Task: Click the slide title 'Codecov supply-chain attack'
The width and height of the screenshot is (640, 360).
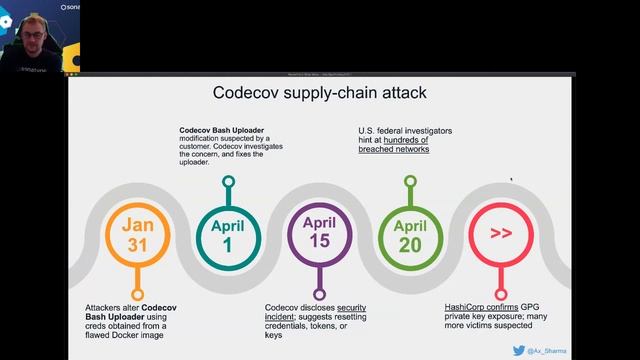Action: (x=320, y=93)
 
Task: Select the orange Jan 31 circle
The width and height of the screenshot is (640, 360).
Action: (x=138, y=232)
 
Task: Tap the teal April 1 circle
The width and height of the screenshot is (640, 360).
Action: (x=228, y=232)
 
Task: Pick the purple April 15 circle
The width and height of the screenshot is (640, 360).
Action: (x=318, y=232)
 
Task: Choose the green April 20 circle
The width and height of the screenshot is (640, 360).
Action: (x=408, y=232)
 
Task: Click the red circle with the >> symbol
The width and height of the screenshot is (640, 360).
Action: (x=500, y=232)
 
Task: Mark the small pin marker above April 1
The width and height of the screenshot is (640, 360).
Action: (x=228, y=182)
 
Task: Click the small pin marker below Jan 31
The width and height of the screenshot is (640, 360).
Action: (x=138, y=283)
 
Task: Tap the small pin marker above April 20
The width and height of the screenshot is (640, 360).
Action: (x=409, y=182)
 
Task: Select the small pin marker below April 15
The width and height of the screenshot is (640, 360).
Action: (x=318, y=283)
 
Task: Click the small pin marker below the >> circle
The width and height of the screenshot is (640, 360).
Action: (x=500, y=283)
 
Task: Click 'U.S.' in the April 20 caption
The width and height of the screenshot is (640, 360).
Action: (x=368, y=130)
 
